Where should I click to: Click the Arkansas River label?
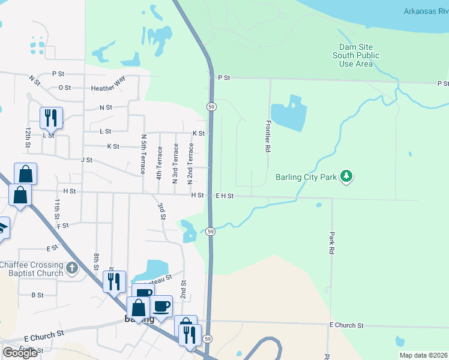point(426,11)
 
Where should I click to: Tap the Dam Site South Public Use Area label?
point(356,55)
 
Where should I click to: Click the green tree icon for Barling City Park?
point(346,176)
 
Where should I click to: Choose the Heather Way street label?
point(108,88)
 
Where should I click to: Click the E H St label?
point(224,196)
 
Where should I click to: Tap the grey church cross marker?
point(72,268)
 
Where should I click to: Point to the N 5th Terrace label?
point(143,155)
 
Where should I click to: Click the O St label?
point(65,88)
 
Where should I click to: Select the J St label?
point(86,160)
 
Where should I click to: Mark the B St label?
point(37,295)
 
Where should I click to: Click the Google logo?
point(20,353)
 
